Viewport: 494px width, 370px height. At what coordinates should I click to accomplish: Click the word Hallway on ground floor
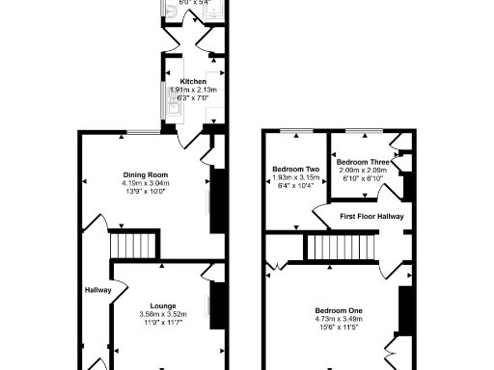coord(97,290)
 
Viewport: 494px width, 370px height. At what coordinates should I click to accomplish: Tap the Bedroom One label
coord(339,310)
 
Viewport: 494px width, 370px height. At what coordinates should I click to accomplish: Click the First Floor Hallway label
coord(371,217)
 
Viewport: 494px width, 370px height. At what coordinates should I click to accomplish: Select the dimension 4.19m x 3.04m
coord(145,183)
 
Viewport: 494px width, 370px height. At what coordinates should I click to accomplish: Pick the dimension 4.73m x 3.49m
coord(339,319)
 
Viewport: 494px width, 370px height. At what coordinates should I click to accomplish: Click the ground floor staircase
coord(133,243)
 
